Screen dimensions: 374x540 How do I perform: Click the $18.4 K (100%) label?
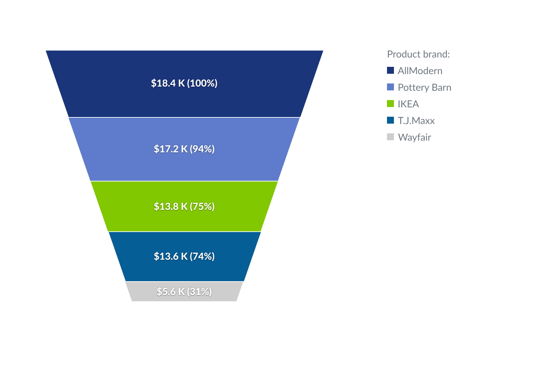coord(184,83)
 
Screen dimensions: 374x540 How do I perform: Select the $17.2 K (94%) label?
coord(184,149)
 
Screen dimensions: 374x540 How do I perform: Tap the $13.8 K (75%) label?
coord(184,206)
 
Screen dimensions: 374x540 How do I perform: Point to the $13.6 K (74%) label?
coord(184,256)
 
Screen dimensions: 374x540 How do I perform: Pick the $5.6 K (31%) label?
coord(184,292)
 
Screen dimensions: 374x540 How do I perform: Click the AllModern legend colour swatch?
coord(390,71)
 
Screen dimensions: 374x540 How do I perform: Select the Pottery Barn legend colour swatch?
coord(390,87)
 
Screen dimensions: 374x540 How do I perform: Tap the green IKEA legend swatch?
coord(390,104)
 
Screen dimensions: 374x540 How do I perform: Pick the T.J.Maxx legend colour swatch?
coord(390,121)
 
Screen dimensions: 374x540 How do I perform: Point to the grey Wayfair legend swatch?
coord(390,137)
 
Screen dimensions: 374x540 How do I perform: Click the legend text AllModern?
coord(420,71)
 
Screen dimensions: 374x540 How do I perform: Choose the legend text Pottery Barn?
coord(424,87)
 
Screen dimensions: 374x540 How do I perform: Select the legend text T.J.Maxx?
coord(416,121)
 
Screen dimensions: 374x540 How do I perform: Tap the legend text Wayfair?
coord(414,137)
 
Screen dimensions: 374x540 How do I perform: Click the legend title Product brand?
coord(418,54)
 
